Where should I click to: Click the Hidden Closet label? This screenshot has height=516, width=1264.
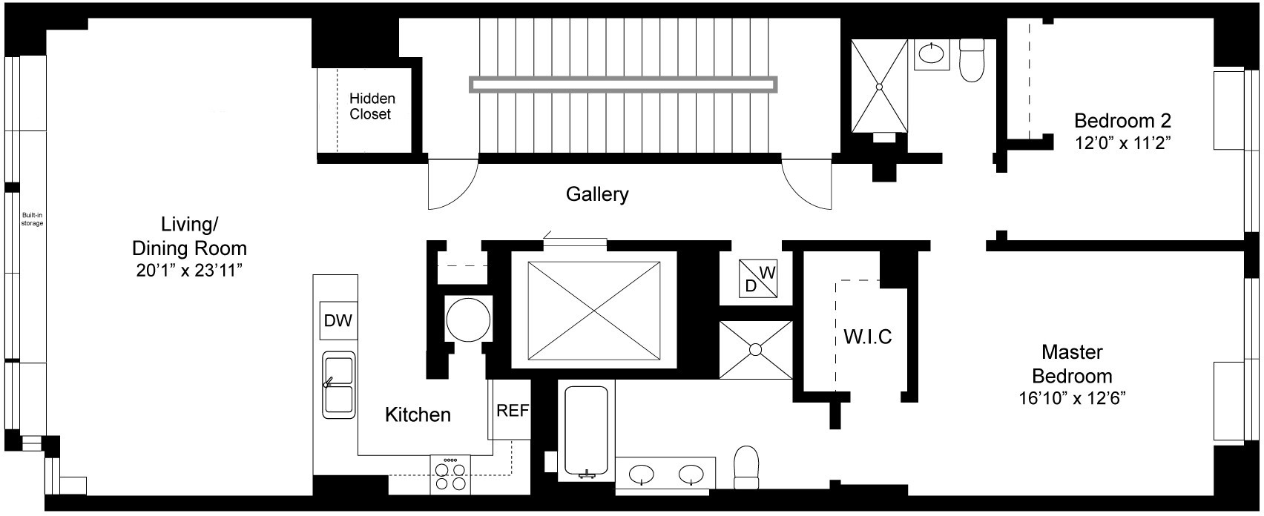tap(372, 106)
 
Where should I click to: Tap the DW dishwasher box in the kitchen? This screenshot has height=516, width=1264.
tap(338, 320)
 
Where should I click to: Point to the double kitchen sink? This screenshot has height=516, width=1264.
tap(338, 386)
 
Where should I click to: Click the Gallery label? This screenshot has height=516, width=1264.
tap(597, 194)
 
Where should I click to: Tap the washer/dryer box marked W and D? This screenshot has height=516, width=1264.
tap(758, 279)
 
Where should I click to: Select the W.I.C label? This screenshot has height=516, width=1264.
tap(867, 337)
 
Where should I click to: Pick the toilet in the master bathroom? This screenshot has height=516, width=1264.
tap(746, 467)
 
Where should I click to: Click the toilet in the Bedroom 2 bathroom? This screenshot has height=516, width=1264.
tap(972, 60)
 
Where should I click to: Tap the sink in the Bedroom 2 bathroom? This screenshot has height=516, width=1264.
tap(931, 55)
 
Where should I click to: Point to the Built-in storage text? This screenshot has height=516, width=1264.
tap(32, 219)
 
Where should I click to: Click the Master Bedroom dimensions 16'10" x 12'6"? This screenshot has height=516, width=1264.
tap(1072, 399)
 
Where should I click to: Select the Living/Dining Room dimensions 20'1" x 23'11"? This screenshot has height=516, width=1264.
tap(189, 271)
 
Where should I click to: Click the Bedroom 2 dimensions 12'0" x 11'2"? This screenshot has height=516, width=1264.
tap(1122, 143)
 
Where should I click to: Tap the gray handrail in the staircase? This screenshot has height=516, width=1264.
tap(624, 85)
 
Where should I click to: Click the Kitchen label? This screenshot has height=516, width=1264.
tap(418, 414)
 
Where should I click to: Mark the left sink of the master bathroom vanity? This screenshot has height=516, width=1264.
tap(642, 474)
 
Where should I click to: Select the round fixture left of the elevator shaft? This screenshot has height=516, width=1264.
tap(468, 320)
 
